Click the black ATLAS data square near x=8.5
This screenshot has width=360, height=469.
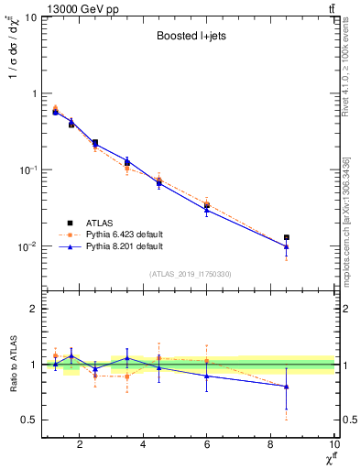(287, 237)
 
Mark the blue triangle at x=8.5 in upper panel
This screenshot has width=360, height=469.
(287, 245)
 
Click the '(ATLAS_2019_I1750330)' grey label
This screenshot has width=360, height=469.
(190, 274)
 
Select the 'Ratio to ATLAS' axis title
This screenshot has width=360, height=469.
(12, 365)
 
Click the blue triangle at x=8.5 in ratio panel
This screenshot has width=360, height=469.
(287, 386)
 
